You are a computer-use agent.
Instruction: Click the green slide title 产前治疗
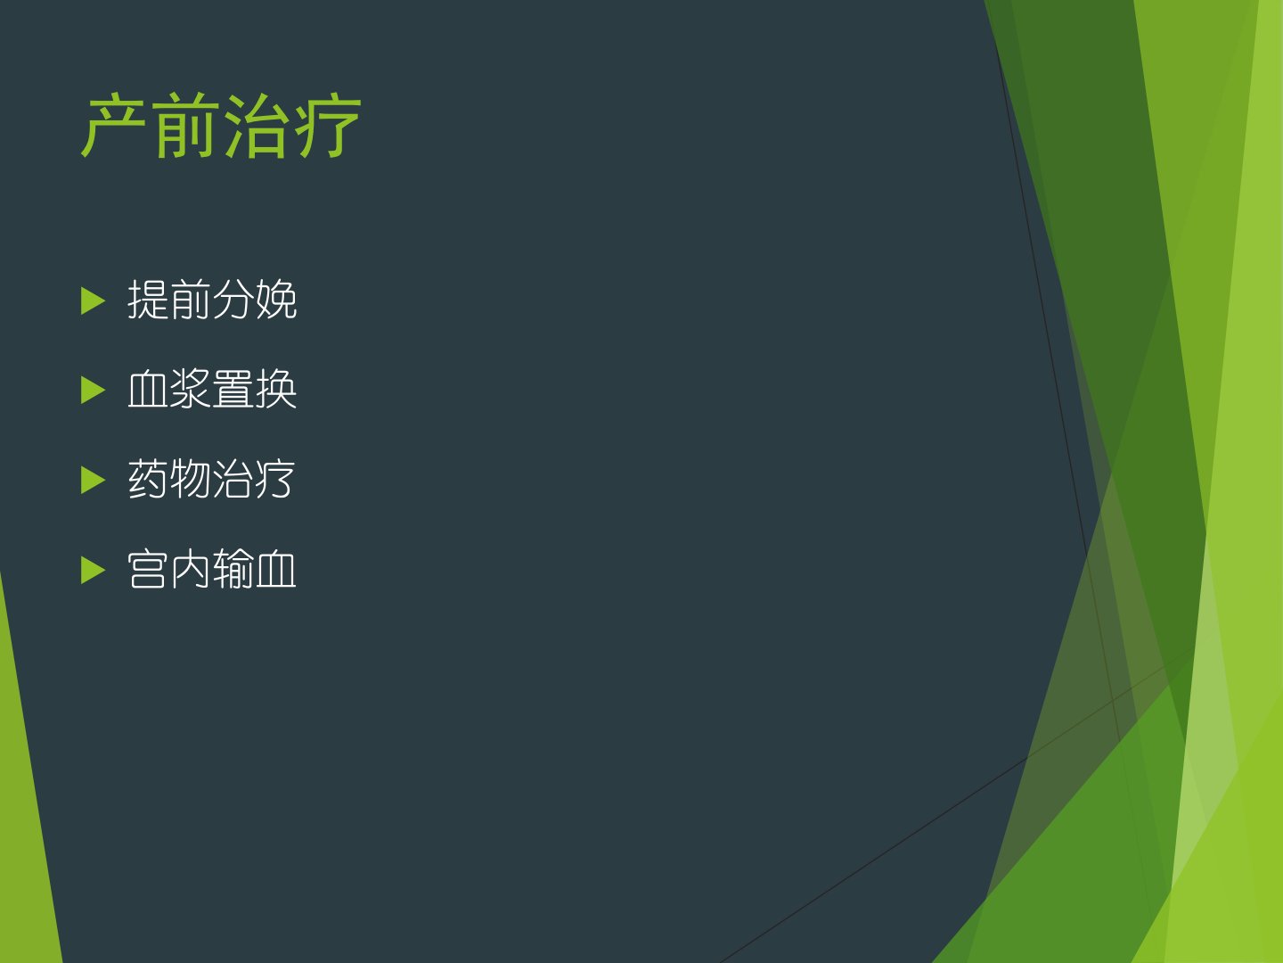[x=221, y=126]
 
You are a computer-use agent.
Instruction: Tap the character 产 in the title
[x=113, y=125]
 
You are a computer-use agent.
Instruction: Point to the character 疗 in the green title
[x=327, y=126]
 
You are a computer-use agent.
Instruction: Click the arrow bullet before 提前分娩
[x=93, y=301]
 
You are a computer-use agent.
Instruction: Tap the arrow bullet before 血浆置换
[x=93, y=390]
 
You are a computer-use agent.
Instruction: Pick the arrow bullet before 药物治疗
[x=93, y=480]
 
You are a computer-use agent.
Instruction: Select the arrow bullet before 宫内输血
[x=93, y=570]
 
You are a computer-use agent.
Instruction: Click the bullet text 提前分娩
[x=212, y=300]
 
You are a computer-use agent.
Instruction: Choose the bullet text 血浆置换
[x=212, y=389]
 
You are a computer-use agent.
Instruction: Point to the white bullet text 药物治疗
[x=211, y=479]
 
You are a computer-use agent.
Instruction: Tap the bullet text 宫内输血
[x=211, y=569]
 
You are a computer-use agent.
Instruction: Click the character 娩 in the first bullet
[x=276, y=300]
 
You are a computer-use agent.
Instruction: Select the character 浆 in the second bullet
[x=190, y=389]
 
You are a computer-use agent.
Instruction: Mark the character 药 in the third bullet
[x=148, y=479]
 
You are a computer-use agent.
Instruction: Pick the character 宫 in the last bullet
[x=147, y=569]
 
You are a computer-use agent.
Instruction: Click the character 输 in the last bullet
[x=233, y=569]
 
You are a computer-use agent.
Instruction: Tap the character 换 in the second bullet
[x=276, y=389]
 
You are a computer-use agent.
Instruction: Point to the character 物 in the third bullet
[x=190, y=479]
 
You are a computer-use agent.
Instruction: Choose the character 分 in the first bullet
[x=233, y=300]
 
